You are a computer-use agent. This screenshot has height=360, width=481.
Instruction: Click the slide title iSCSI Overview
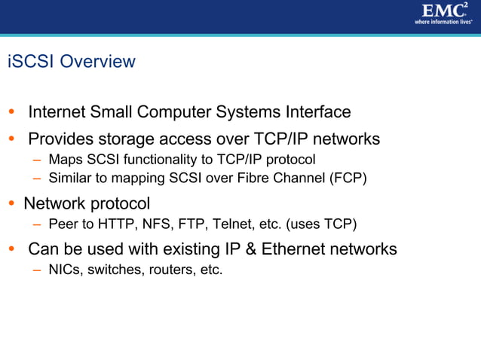[x=71, y=62]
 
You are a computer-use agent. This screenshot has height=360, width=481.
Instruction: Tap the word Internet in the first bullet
[x=57, y=112]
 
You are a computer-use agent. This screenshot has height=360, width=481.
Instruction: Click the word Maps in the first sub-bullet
[x=64, y=160]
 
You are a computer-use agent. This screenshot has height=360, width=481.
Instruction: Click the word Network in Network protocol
[x=54, y=203]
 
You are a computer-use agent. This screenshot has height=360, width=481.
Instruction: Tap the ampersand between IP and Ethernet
[x=250, y=249]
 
